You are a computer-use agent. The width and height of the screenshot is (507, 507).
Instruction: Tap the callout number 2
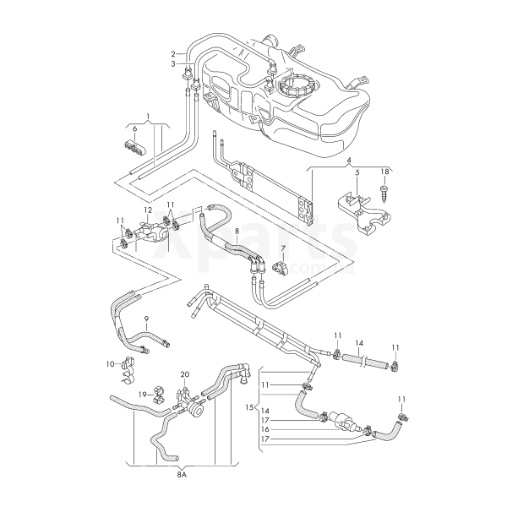click(172, 53)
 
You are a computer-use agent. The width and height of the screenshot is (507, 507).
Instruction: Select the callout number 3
click(172, 63)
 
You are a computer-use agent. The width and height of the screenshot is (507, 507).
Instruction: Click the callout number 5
click(357, 173)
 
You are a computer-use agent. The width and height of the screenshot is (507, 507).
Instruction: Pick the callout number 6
click(134, 128)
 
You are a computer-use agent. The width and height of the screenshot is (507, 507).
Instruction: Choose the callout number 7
click(284, 248)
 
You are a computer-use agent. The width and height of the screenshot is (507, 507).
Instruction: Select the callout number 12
click(147, 210)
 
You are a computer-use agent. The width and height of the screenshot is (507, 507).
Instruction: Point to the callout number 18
click(386, 171)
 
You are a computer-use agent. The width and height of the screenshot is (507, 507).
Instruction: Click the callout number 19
click(144, 395)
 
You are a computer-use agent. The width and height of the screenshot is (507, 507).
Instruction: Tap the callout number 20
click(185, 373)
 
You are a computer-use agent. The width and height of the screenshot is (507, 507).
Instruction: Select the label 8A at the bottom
click(182, 476)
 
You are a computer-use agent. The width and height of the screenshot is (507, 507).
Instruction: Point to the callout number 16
click(265, 428)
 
